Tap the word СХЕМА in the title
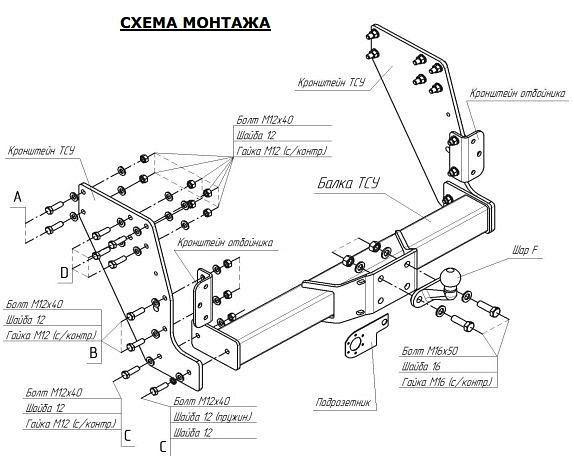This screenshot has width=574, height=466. tap(146, 22)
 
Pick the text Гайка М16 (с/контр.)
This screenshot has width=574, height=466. tap(446, 383)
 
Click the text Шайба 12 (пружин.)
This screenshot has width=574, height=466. tap(210, 416)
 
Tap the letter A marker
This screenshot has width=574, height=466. tap(17, 199)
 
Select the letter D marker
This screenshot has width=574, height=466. tap(64, 271)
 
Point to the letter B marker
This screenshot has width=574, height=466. tap(92, 352)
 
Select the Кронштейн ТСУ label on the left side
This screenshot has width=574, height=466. tap(41, 152)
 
